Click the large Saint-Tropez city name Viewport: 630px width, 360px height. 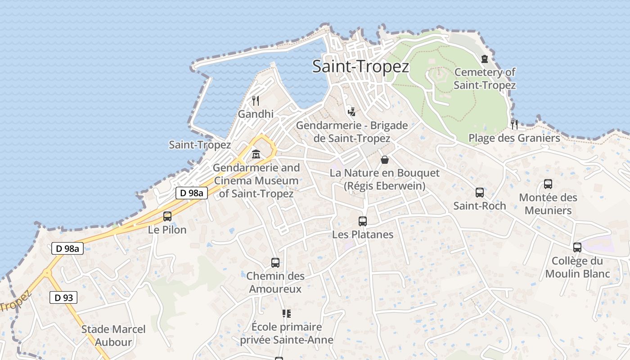(x=360, y=67)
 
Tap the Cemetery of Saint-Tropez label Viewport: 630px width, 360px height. (x=485, y=79)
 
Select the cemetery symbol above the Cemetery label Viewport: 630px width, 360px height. (x=485, y=59)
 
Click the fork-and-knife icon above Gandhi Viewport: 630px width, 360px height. (x=256, y=100)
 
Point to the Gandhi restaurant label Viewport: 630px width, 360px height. (x=256, y=114)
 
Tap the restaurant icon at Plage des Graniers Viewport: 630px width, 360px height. (x=514, y=124)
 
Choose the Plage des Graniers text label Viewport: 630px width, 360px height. (x=514, y=138)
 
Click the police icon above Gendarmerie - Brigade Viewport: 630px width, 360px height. (x=352, y=111)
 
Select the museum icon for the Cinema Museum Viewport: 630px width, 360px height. (x=256, y=154)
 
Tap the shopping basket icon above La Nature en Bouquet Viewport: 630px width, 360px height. (x=385, y=159)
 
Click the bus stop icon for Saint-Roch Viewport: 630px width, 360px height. (x=480, y=193)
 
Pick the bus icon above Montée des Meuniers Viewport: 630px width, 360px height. (x=548, y=184)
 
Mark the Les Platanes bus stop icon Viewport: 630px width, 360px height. (x=363, y=221)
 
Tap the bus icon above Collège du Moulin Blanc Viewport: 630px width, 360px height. (x=577, y=247)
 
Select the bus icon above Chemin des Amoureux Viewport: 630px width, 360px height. (x=275, y=263)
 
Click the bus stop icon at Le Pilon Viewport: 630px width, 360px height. (x=167, y=216)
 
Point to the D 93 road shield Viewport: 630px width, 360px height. (x=63, y=297)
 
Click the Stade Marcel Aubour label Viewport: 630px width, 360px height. (x=113, y=336)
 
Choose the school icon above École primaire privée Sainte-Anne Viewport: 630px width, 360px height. (x=286, y=313)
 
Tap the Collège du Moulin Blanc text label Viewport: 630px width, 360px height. (x=577, y=267)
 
